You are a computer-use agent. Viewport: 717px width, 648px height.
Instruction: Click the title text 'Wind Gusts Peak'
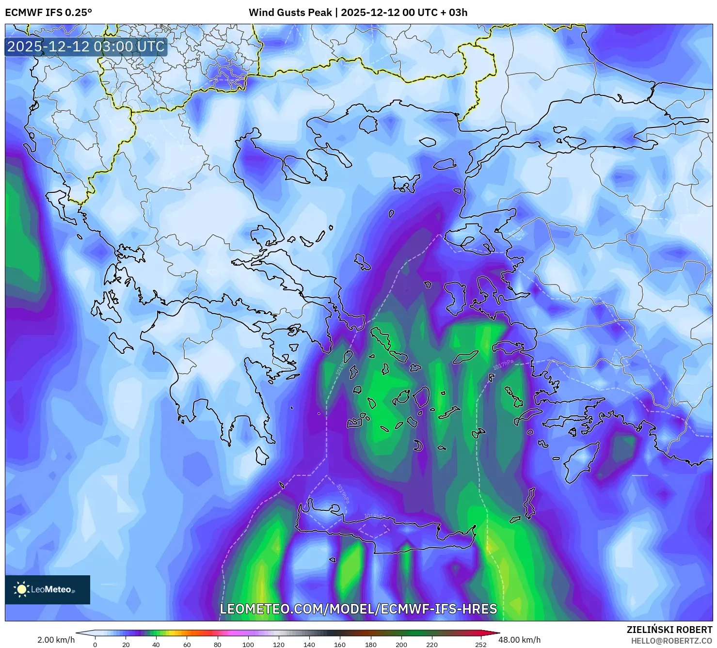(290, 13)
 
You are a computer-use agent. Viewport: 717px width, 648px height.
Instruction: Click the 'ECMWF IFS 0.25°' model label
(48, 13)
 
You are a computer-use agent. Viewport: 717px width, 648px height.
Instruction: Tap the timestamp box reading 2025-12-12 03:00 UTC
(86, 47)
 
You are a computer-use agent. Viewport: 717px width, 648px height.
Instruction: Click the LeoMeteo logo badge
(48, 589)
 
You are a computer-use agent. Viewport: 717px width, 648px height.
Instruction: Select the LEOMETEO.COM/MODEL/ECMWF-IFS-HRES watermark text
(358, 609)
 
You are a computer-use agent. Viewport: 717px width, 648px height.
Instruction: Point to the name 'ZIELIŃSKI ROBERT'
(669, 630)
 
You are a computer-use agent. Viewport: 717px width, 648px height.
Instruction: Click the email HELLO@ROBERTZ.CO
(671, 640)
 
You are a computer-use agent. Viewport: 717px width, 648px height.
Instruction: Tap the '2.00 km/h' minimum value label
(56, 640)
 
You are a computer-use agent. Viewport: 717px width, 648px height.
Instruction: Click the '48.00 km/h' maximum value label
(519, 640)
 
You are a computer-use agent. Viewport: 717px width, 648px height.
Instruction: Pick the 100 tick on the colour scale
(248, 645)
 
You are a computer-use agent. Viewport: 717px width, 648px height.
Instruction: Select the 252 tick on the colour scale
(480, 645)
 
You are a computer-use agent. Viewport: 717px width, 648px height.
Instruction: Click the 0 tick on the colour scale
(95, 645)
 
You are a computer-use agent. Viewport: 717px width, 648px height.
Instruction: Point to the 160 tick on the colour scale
(340, 645)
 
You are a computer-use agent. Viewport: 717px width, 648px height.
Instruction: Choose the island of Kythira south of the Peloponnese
(262, 456)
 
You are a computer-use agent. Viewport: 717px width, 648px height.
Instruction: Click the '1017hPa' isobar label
(503, 364)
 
